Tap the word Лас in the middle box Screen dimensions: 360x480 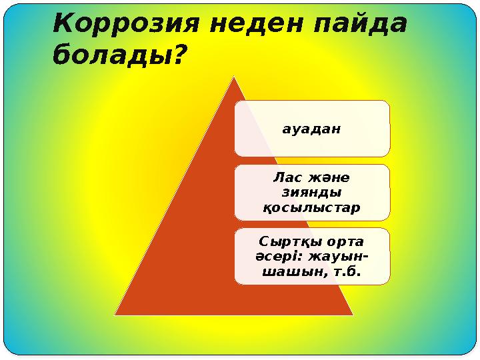(284, 178)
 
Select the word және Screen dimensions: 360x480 (330, 178)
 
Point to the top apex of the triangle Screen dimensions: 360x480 (235, 77)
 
